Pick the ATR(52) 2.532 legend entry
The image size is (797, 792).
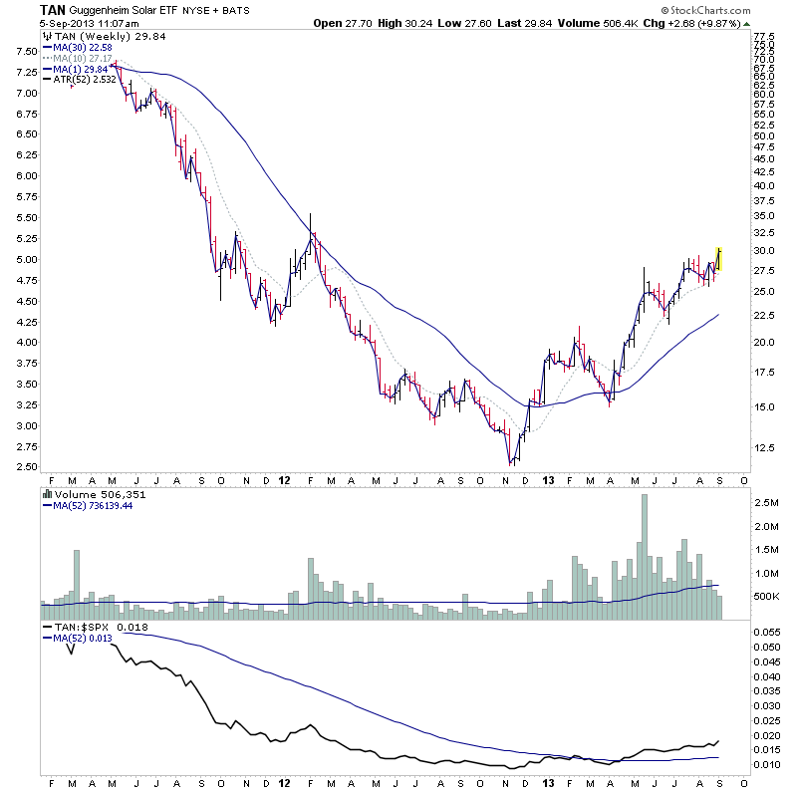(x=82, y=77)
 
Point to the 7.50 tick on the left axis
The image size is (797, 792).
(x=22, y=51)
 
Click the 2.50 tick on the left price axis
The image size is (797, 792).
(x=22, y=467)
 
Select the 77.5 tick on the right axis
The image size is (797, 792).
(x=765, y=36)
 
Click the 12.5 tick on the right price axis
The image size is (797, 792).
(x=765, y=447)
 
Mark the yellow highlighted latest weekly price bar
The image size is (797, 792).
(x=718, y=259)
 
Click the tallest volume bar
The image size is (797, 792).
(x=645, y=548)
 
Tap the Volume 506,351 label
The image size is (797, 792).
(x=95, y=492)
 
